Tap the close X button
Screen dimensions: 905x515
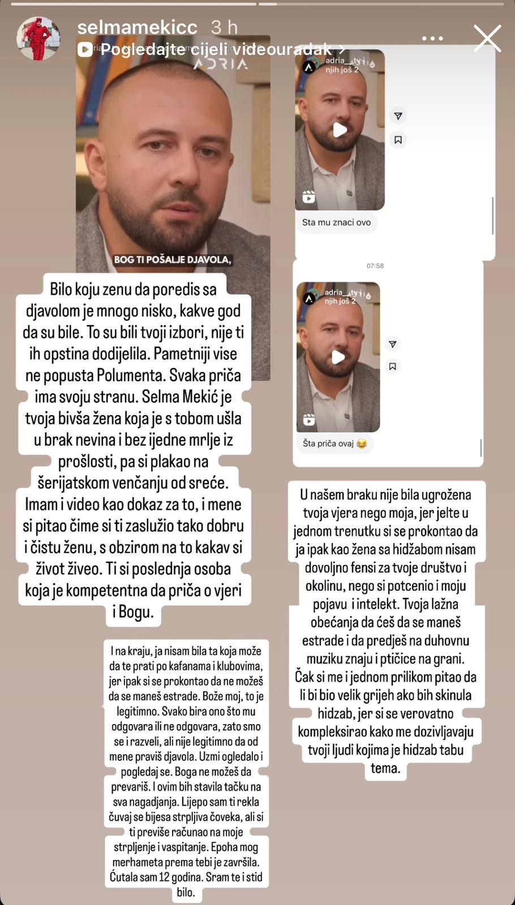(x=487, y=38)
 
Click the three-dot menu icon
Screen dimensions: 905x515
(x=432, y=38)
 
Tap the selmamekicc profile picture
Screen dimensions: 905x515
(x=38, y=38)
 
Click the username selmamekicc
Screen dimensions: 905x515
(x=137, y=27)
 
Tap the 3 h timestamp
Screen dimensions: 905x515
(x=224, y=27)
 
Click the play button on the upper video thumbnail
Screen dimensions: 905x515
(x=340, y=130)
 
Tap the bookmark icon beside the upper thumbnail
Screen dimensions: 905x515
(x=398, y=140)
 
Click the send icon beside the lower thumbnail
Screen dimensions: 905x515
(x=392, y=344)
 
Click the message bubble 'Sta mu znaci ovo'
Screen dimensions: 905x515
(x=336, y=222)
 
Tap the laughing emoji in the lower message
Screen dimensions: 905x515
(x=362, y=443)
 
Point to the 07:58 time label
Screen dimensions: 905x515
(x=375, y=265)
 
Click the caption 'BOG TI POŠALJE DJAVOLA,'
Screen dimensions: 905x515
(x=173, y=260)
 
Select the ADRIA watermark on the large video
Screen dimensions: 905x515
(x=221, y=63)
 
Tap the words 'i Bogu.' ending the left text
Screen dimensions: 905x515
(x=134, y=612)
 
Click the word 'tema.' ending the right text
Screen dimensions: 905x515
(x=385, y=768)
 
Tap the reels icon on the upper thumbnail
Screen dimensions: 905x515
(x=309, y=197)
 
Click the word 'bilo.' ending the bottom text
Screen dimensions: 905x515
(x=186, y=893)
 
